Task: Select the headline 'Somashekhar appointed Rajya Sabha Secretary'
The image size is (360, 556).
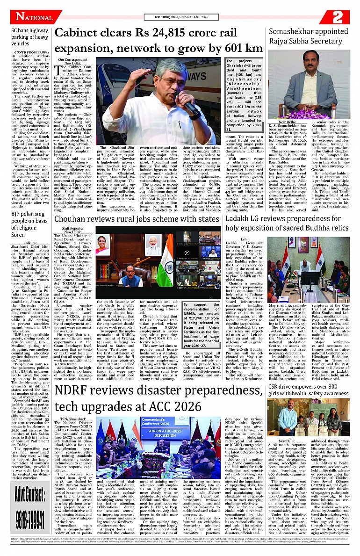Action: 309,36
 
